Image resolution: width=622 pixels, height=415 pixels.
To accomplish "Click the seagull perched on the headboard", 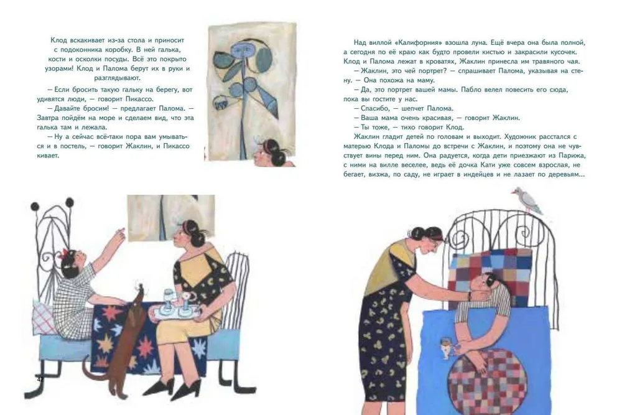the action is click(x=527, y=201).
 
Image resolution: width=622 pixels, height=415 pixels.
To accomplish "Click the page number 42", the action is click(x=40, y=380).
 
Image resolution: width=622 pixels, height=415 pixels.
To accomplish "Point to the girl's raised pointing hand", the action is click(x=120, y=234).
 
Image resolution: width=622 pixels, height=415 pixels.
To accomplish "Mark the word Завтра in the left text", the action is click(x=48, y=118).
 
